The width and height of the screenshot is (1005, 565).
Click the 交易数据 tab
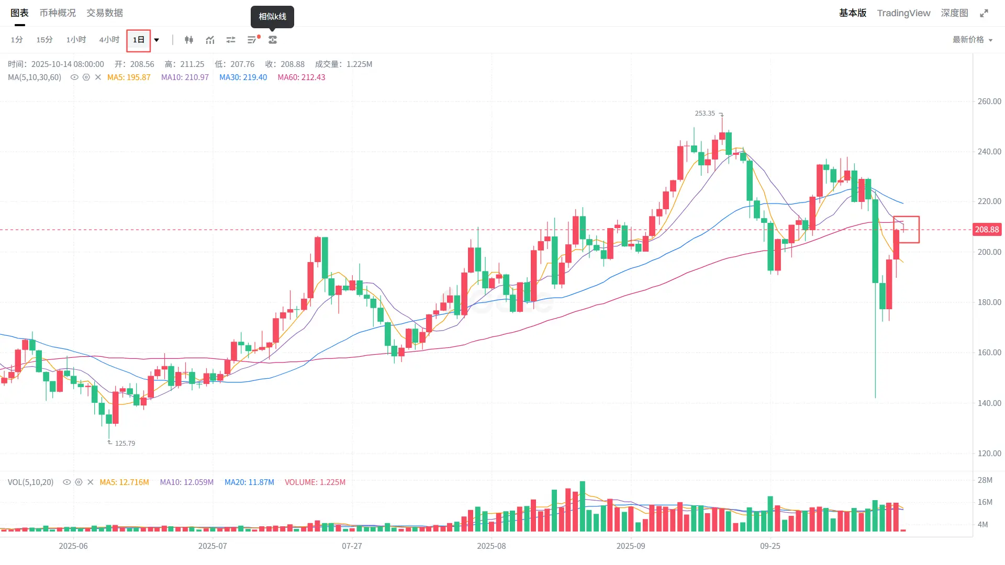(x=105, y=13)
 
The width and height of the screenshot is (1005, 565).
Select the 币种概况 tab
(x=58, y=13)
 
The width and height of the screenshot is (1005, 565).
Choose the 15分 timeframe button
(x=44, y=40)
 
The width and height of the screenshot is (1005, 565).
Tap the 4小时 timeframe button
(x=109, y=40)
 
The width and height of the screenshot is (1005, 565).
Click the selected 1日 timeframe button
(x=138, y=40)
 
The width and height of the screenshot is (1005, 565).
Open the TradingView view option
(x=903, y=13)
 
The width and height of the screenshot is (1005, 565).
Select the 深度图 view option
(x=954, y=13)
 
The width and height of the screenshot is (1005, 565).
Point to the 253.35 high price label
(x=705, y=114)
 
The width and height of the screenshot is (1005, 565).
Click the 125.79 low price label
(x=125, y=444)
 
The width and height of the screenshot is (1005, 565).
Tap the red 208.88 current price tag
(x=987, y=230)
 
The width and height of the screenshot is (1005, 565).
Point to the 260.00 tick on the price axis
(x=989, y=101)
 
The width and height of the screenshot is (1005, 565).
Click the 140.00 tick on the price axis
(x=989, y=403)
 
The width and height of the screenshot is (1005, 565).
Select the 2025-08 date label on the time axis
(x=491, y=546)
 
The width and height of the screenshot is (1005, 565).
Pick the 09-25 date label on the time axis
(x=770, y=546)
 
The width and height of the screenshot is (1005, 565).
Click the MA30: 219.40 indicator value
(x=243, y=77)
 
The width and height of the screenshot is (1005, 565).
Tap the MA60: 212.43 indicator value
(x=301, y=77)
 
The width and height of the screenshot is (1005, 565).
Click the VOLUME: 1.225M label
(x=315, y=482)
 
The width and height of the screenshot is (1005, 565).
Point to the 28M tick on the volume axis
(x=985, y=480)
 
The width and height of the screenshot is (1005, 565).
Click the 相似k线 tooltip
(x=272, y=17)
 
